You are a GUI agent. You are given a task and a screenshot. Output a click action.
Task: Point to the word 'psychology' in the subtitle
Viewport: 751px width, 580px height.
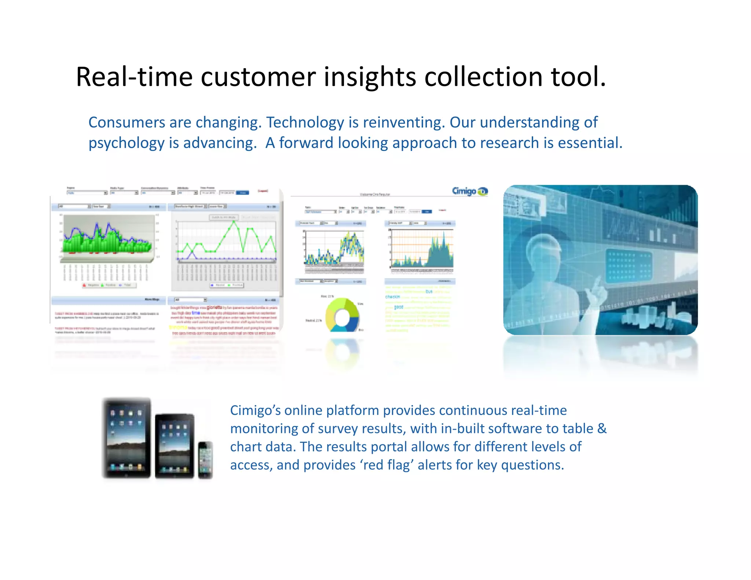tap(126, 143)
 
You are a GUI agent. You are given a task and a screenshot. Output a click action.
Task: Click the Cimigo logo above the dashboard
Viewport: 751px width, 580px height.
tap(469, 191)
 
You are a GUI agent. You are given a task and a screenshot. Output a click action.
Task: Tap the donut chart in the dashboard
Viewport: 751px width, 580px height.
tap(342, 315)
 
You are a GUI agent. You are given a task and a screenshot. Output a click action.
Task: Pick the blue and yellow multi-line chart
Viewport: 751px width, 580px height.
tap(334, 249)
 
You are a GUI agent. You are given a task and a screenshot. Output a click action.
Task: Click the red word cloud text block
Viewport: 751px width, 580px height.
tap(224, 319)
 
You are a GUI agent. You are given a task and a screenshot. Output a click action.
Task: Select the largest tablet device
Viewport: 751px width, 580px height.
tap(127, 438)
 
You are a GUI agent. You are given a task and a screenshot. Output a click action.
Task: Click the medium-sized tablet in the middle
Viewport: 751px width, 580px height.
tap(174, 446)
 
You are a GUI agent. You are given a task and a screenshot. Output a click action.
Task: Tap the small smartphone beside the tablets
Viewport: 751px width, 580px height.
tap(205, 460)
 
